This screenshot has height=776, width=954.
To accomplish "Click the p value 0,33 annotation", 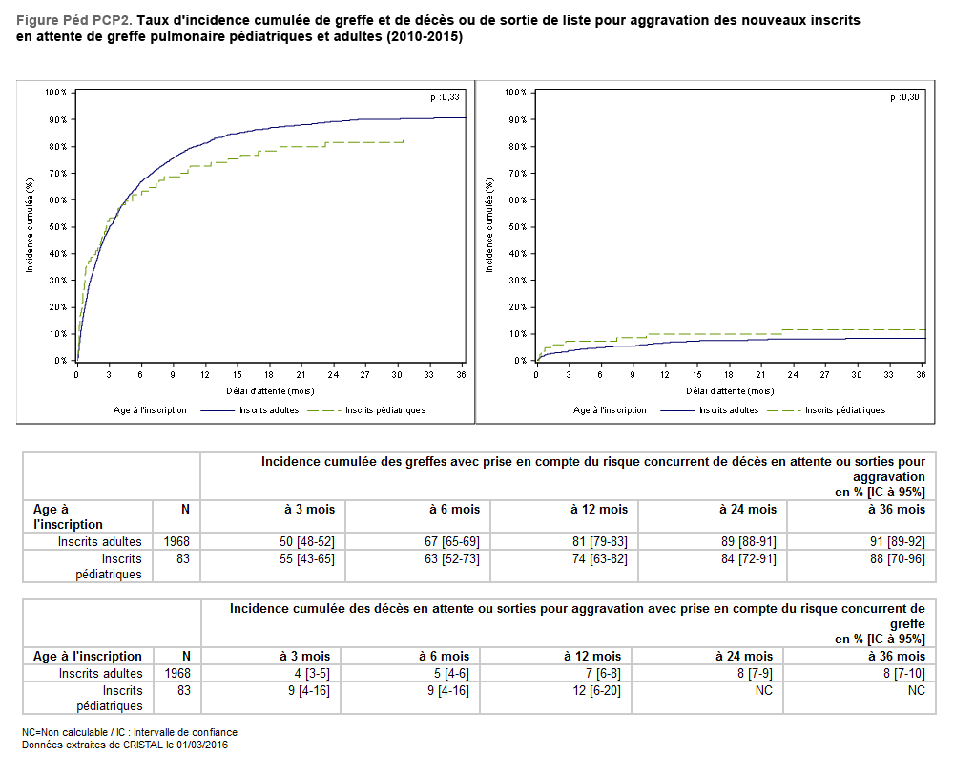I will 445,97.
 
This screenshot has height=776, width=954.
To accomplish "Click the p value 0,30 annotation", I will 904,97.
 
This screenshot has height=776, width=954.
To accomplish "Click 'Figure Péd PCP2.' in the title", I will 74,20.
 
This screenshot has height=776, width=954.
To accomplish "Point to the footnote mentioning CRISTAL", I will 125,745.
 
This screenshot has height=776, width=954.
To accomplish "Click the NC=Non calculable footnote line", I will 130,732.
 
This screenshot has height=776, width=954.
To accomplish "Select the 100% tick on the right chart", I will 515,93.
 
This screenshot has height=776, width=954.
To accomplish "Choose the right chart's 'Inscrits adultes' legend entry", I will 729,410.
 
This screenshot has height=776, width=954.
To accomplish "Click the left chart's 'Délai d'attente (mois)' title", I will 271,390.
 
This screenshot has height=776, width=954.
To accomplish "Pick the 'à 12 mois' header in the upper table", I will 601,510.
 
